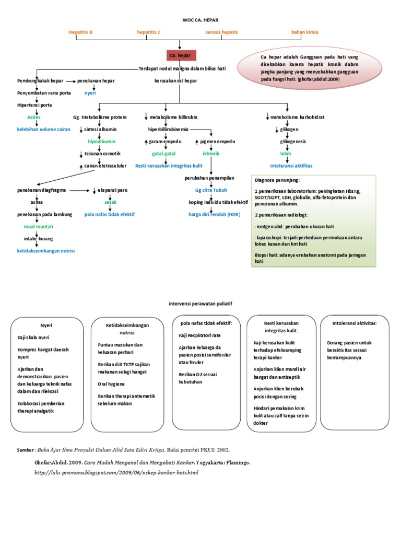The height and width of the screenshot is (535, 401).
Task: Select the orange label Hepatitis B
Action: click(x=80, y=32)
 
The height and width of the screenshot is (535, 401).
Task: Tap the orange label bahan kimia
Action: click(x=304, y=32)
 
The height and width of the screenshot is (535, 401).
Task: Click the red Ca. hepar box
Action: click(x=180, y=55)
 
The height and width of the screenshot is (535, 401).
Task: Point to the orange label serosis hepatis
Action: click(x=221, y=32)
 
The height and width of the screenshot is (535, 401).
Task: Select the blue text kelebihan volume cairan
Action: click(x=44, y=129)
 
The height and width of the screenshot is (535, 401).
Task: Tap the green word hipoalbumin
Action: click(x=101, y=142)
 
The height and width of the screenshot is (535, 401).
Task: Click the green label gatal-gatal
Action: click(x=163, y=154)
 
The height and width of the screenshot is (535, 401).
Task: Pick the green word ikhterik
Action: click(x=211, y=154)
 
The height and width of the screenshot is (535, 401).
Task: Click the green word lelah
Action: click(x=286, y=154)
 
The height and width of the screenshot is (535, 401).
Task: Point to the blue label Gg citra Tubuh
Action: click(x=211, y=190)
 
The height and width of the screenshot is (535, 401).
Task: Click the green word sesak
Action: click(x=110, y=202)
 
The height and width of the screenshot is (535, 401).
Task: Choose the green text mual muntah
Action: click(x=38, y=227)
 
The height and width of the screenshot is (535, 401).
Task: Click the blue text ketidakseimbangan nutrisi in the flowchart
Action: click(x=46, y=251)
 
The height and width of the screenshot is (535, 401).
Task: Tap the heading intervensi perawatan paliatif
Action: click(x=200, y=303)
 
